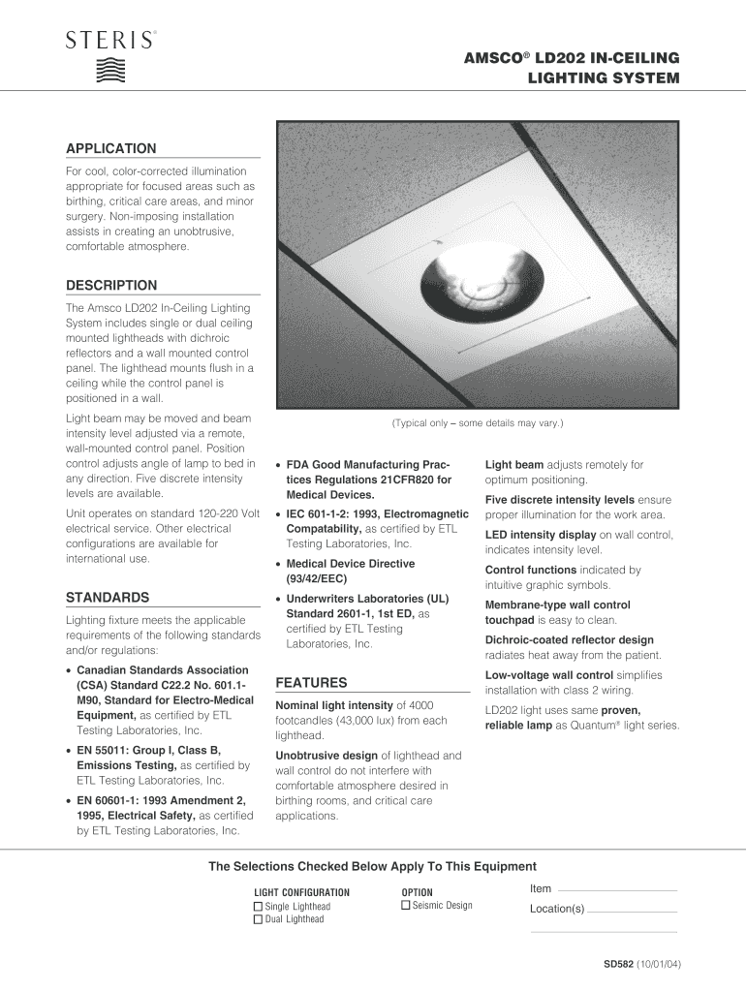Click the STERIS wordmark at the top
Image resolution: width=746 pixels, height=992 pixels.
click(109, 41)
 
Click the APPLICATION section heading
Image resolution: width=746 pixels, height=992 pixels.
click(110, 148)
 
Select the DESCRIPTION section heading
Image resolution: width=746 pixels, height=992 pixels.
click(110, 285)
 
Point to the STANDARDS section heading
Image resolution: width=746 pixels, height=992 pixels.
click(107, 597)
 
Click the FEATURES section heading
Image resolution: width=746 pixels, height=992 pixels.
click(311, 682)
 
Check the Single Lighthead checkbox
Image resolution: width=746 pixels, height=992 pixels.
click(258, 907)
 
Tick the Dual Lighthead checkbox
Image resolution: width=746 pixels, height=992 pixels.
click(258, 919)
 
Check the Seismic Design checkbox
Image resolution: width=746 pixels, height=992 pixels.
click(406, 906)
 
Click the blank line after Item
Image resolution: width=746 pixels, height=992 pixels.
click(617, 890)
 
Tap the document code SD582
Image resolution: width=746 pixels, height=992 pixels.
click(617, 965)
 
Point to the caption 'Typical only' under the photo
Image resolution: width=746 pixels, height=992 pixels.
click(477, 424)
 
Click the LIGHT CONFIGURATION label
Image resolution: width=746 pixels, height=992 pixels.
click(301, 892)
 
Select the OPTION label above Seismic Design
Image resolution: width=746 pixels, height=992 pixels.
click(417, 892)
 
